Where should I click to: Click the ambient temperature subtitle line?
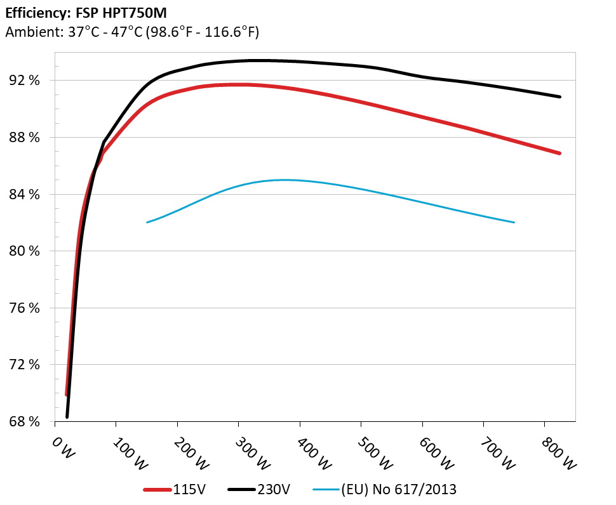tap(131, 32)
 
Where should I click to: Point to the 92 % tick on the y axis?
tap(25, 81)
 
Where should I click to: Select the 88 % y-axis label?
tap(25, 138)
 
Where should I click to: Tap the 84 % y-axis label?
tap(25, 194)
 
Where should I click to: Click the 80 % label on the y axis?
tap(25, 251)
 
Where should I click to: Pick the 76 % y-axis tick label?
tap(25, 308)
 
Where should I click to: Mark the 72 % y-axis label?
tap(25, 365)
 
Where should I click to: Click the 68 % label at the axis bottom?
tap(25, 421)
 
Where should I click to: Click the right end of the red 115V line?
tap(559, 153)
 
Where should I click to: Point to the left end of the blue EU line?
tap(147, 222)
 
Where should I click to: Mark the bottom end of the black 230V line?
tap(67, 417)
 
